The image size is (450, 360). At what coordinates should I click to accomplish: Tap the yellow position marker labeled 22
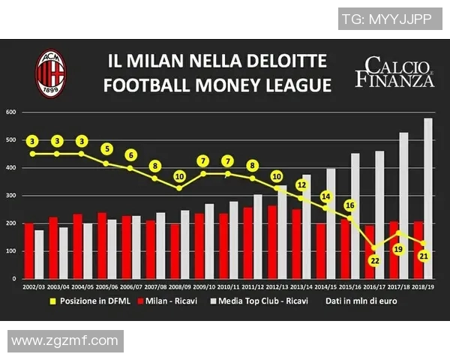373,260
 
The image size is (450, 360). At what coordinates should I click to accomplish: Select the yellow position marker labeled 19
398,249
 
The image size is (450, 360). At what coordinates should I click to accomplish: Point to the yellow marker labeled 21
423,256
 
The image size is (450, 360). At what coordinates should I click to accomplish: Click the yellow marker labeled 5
106,148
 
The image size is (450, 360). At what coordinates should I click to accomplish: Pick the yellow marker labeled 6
130,154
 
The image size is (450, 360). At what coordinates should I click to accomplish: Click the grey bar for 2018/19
428,199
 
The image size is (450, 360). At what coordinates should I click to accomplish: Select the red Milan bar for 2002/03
28,250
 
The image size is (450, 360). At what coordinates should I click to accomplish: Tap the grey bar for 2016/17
379,214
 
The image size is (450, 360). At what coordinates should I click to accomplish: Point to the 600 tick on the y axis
11,112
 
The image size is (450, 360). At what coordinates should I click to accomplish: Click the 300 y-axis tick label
11,196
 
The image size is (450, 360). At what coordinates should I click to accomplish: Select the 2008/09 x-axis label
180,286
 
